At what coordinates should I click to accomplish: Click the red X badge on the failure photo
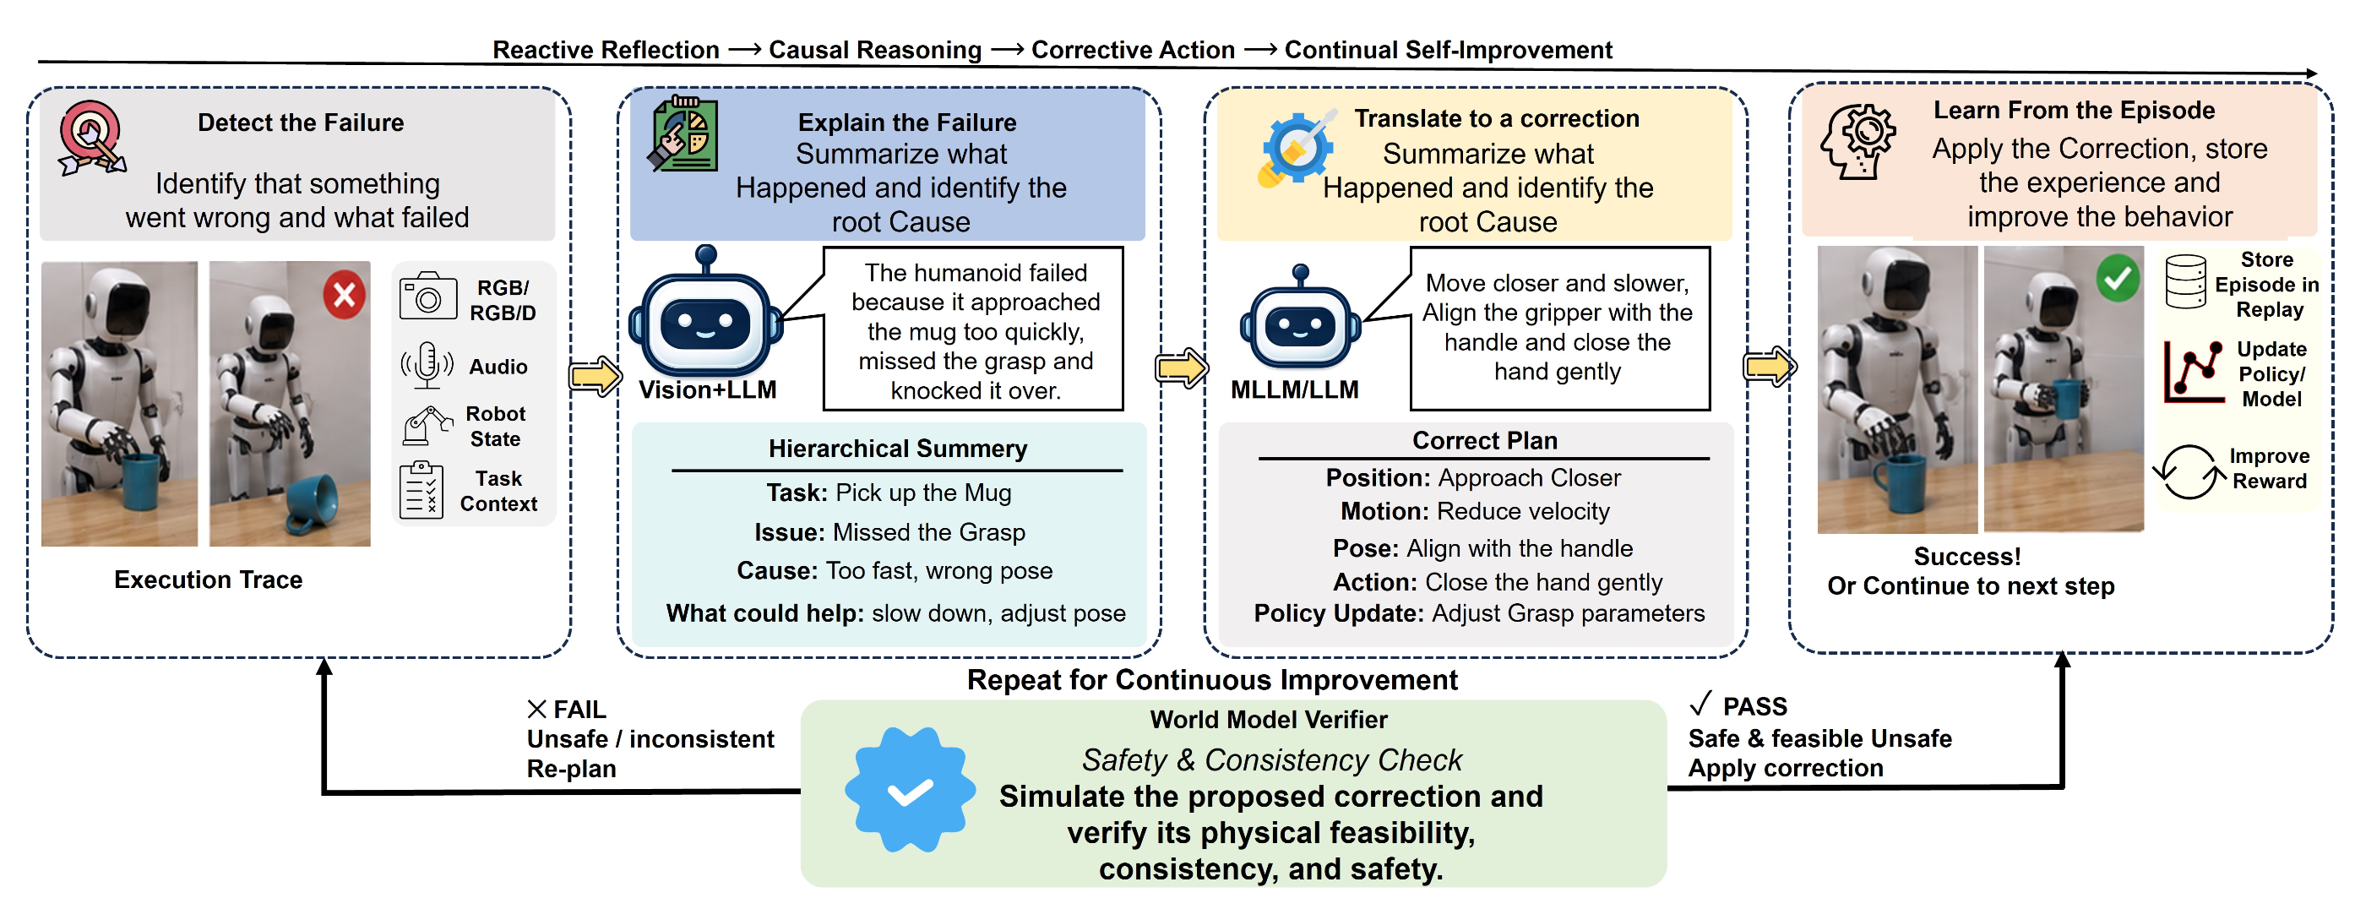point(344,295)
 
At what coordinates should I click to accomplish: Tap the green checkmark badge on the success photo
point(2118,278)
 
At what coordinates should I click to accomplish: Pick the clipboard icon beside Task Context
point(422,490)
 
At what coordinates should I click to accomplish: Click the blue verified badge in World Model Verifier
point(910,790)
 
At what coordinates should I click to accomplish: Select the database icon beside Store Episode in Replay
point(2186,281)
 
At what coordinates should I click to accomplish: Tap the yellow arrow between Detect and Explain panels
point(596,376)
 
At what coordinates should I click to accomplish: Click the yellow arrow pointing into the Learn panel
point(1770,367)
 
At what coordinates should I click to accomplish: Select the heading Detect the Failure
point(301,122)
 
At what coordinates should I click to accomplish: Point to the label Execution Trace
point(209,580)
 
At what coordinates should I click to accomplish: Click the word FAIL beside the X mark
point(579,710)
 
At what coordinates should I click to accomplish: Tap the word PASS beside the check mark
point(1754,706)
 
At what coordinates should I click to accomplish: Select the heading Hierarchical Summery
point(898,448)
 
